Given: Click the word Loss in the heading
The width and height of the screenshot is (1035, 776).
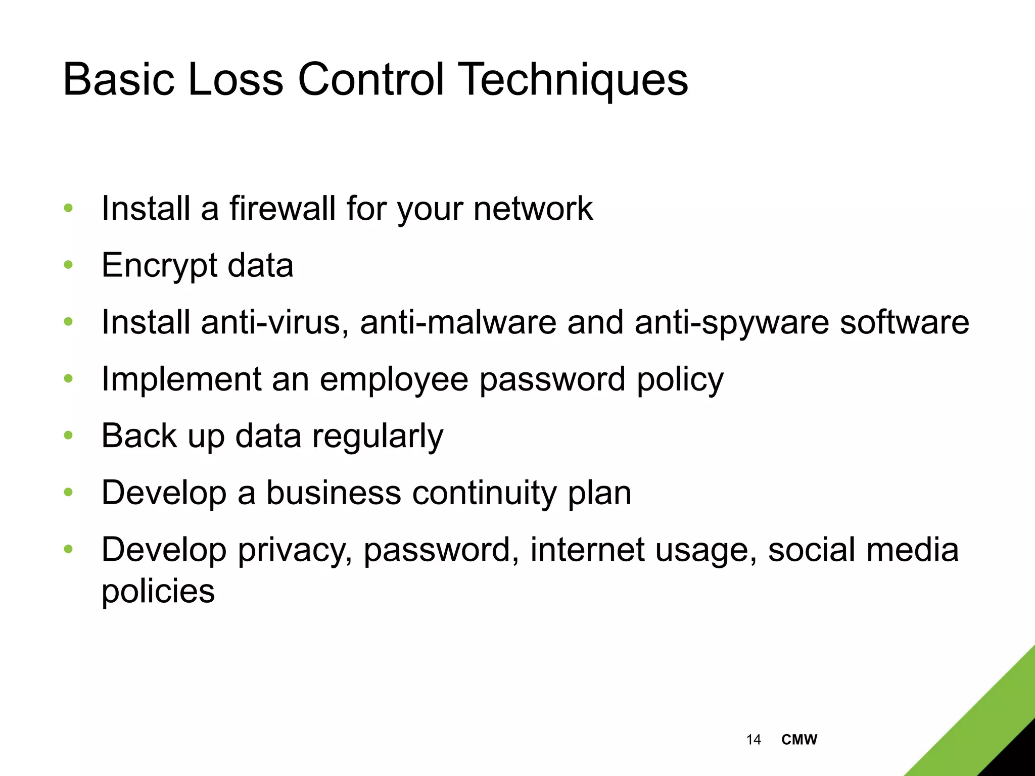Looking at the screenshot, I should pos(235,80).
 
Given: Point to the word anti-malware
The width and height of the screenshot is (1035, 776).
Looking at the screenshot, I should pos(458,322).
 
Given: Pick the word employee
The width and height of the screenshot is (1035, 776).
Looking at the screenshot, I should pos(394,380).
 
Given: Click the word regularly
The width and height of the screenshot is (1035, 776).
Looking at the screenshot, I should pos(378,437).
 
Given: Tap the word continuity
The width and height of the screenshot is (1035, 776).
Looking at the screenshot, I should pos(484,493).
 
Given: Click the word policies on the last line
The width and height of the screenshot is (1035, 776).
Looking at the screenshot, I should pos(158,591).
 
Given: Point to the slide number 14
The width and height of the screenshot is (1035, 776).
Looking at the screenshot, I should pos(753,740).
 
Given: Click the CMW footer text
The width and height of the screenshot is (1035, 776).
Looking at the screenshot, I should pos(799,740).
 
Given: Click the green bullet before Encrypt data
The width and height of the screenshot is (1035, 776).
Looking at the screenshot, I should pos(69,265).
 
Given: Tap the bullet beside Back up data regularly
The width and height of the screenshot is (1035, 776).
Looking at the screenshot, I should pos(69,435).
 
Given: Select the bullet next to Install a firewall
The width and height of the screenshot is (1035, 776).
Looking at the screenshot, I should pos(69,208).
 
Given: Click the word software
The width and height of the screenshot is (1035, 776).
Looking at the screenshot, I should pos(904,322).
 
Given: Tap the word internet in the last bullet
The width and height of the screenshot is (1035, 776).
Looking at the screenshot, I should pos(587,550).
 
